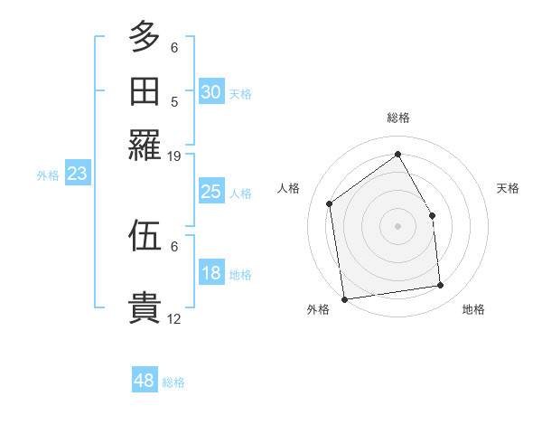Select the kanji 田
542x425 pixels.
pyautogui.click(x=145, y=91)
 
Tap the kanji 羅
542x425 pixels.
pyautogui.click(x=145, y=144)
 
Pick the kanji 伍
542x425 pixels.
pyautogui.click(x=145, y=236)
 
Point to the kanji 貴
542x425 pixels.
pyautogui.click(x=145, y=307)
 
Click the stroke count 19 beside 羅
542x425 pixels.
pyautogui.click(x=174, y=156)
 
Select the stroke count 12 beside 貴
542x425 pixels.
pyautogui.click(x=174, y=318)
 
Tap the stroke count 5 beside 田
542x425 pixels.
pyautogui.click(x=174, y=101)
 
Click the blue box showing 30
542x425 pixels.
pyautogui.click(x=211, y=92)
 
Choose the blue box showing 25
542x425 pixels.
pyautogui.click(x=211, y=192)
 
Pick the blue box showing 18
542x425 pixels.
pyautogui.click(x=211, y=274)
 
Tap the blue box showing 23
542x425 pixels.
pyautogui.click(x=77, y=175)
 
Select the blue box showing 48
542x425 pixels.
pyautogui.click(x=145, y=382)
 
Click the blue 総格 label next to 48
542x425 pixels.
pyautogui.click(x=173, y=382)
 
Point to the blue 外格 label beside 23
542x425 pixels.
pyautogui.click(x=48, y=175)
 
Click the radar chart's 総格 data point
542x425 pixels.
pyautogui.click(x=397, y=154)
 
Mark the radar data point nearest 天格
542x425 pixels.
pyautogui.click(x=432, y=215)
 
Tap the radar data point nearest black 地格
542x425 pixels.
pyautogui.click(x=441, y=286)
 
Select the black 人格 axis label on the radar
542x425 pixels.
pyautogui.click(x=288, y=188)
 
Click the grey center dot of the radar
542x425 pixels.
pyautogui.click(x=397, y=226)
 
